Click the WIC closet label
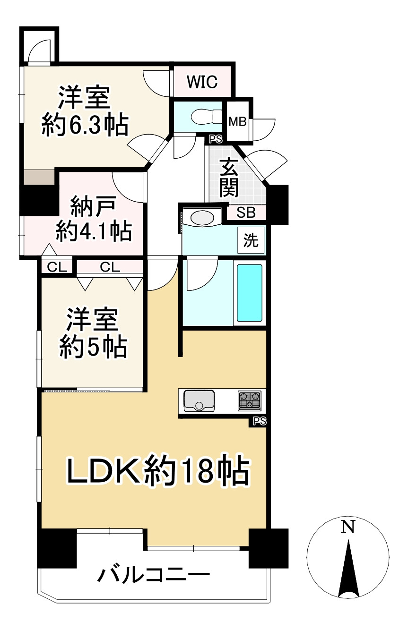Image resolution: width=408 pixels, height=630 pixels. [202, 82]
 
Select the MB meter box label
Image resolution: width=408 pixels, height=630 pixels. [237, 121]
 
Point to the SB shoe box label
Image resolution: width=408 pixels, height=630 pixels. [246, 213]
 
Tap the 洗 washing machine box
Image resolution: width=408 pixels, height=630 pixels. [251, 240]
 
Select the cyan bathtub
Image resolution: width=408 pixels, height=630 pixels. [249, 292]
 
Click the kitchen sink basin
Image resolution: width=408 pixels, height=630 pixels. [199, 401]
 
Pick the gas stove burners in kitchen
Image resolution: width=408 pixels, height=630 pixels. [249, 400]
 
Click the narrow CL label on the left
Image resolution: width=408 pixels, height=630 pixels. [57, 267]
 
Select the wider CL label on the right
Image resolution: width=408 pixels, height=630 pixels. [110, 267]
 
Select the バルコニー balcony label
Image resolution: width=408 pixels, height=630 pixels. [153, 576]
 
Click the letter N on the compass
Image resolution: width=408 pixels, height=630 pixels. [348, 526]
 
